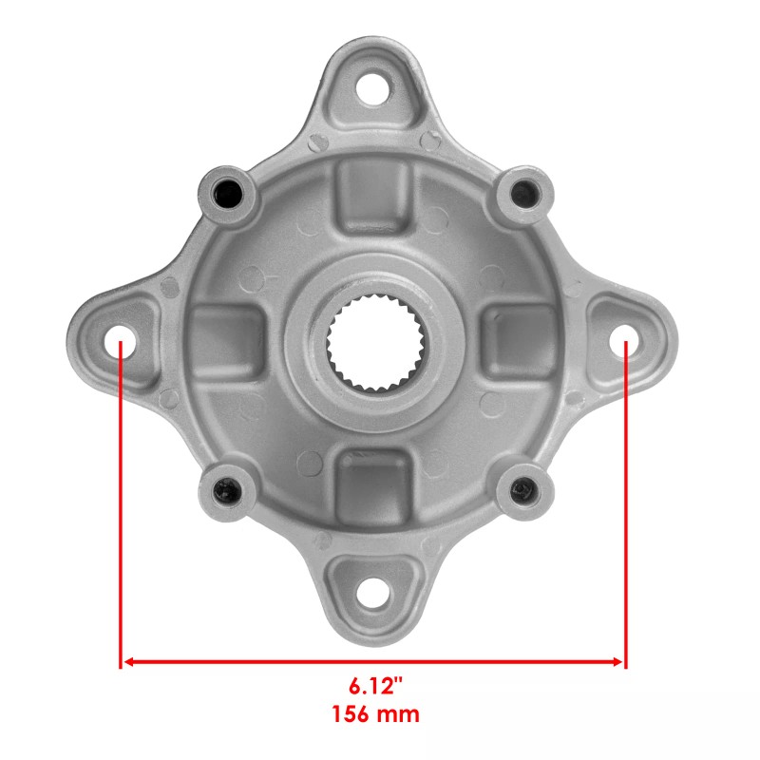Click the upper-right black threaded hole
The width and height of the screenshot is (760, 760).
(x=522, y=192)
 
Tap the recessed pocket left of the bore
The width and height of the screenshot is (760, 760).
(x=226, y=342)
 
